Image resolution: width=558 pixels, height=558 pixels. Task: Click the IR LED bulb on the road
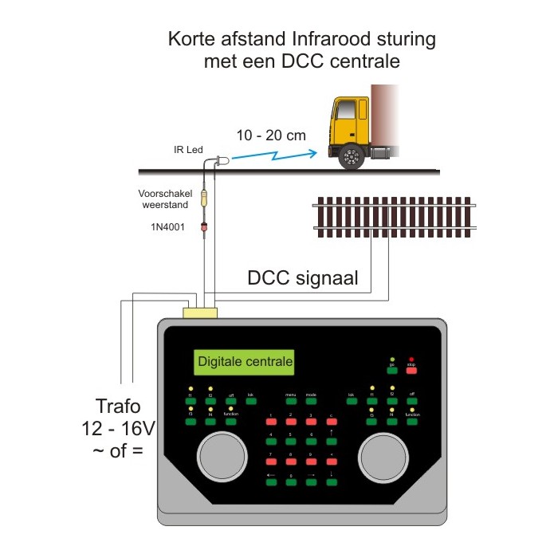coord(222,160)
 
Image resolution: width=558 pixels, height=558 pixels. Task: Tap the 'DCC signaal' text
coord(302,278)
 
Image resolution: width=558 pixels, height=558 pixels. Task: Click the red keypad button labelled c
coord(331,423)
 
